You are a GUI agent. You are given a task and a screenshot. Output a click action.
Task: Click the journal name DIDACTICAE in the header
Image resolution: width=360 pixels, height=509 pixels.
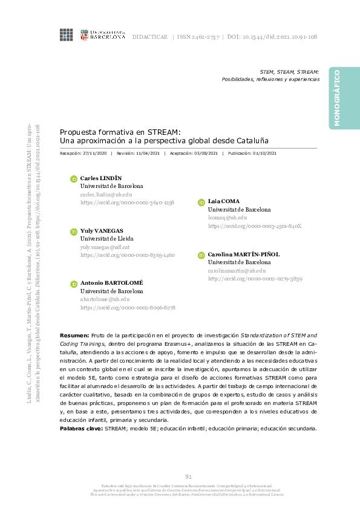tap(149, 36)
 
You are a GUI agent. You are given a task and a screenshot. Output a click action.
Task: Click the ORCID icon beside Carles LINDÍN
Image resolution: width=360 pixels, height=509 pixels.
tap(74, 179)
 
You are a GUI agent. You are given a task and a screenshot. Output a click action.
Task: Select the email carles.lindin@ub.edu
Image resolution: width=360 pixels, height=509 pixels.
tap(106, 195)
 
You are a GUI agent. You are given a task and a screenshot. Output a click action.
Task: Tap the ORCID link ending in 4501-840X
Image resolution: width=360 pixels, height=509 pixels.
tap(254, 225)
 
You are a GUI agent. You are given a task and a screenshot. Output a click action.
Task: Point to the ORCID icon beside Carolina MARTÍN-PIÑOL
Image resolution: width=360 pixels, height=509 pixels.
tap(201, 255)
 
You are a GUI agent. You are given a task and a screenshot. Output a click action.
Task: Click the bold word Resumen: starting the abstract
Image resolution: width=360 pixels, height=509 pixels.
tap(74, 335)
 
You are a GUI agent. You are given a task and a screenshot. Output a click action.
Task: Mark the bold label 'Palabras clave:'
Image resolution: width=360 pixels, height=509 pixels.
tap(81, 428)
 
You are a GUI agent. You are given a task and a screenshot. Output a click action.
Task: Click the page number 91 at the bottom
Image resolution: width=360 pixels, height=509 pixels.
tap(188, 477)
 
